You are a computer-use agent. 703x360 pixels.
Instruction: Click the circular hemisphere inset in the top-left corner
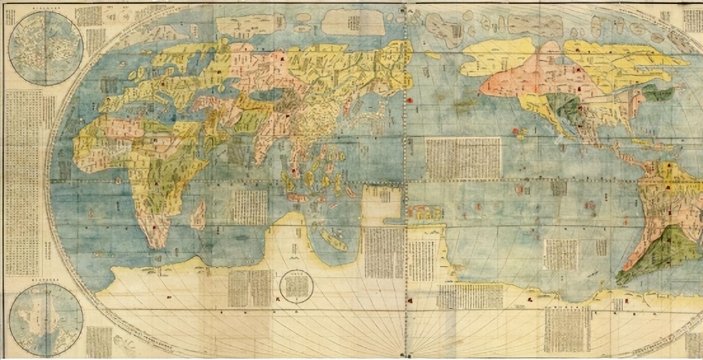point(46,47)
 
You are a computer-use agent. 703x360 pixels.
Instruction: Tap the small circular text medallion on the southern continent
point(297,287)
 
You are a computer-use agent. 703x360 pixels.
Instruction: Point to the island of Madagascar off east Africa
point(198,214)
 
